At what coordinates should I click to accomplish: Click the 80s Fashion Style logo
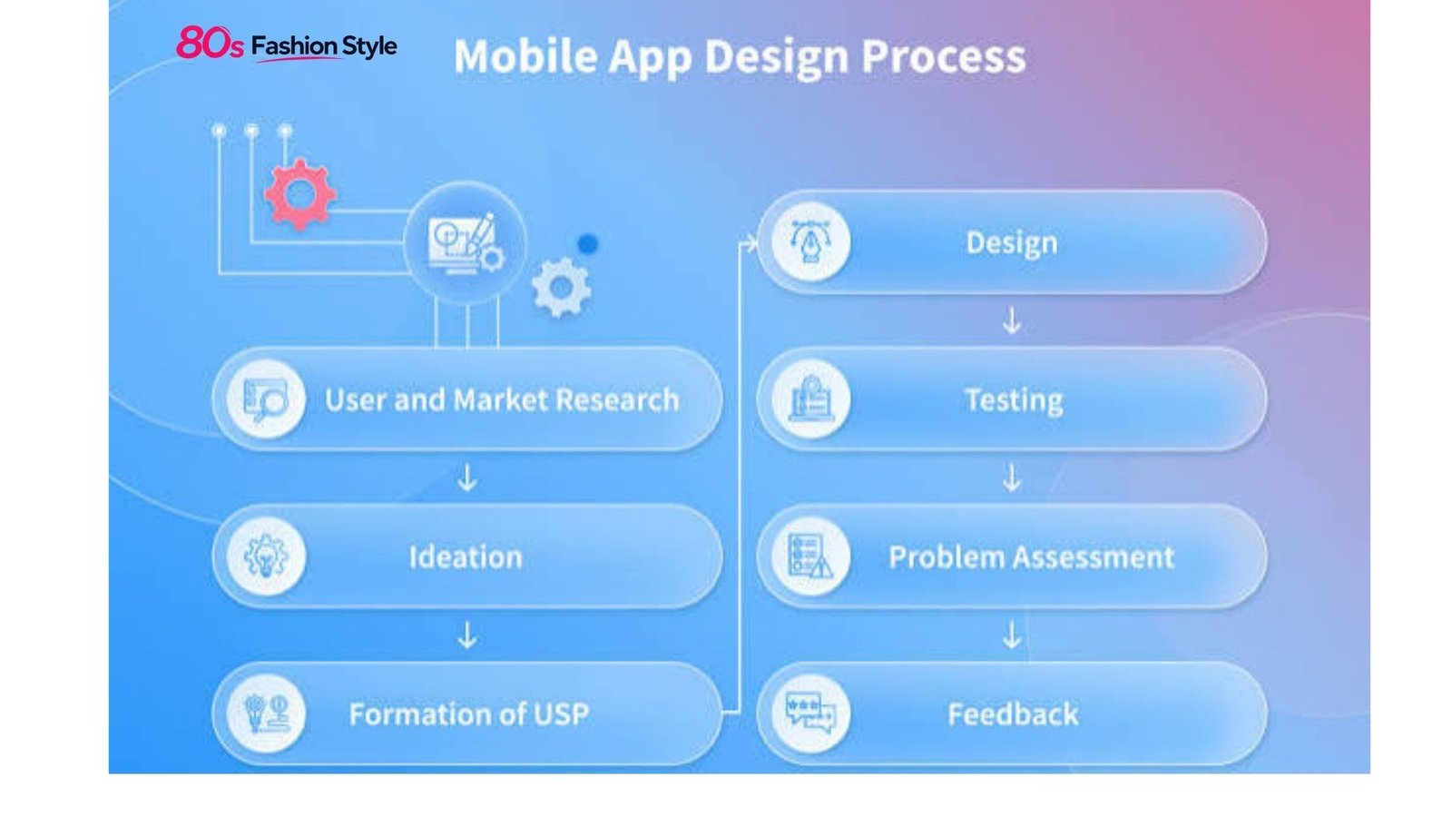pos(287,44)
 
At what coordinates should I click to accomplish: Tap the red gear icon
pos(299,194)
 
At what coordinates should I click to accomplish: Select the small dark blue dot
pos(588,244)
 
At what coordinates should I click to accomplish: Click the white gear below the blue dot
pos(562,287)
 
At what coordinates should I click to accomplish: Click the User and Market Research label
pos(502,399)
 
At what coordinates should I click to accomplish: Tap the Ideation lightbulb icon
pos(266,556)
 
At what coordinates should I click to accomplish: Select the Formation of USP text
pos(468,714)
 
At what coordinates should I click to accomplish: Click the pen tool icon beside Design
pos(810,241)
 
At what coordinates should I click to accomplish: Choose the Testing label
pos(1014,400)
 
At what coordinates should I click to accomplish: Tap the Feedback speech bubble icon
pos(810,714)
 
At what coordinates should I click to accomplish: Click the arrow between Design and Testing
pos(1012,321)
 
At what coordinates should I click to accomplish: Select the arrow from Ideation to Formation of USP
pos(466,635)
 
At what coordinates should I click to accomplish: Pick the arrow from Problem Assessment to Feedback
pos(1012,635)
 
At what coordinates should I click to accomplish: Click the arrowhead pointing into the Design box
pos(751,244)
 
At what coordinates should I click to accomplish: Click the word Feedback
pos(1013,714)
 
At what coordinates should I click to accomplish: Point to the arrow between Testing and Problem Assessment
pos(1012,477)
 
